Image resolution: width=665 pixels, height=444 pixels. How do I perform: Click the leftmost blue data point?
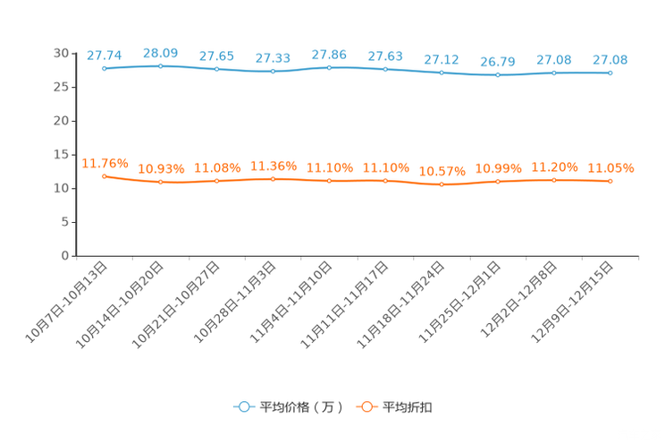coord(105,68)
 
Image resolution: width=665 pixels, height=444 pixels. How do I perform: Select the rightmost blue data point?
coord(610,73)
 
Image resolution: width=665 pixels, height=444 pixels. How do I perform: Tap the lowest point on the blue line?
coord(498,75)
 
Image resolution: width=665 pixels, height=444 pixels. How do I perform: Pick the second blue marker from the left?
coord(161,65)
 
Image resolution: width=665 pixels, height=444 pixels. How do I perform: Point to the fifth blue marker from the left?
coord(330,67)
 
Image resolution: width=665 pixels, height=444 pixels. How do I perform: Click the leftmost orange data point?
coord(105,176)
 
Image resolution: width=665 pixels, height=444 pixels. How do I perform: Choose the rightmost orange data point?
coord(610,181)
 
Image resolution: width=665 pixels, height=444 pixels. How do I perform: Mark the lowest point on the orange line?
coord(442,184)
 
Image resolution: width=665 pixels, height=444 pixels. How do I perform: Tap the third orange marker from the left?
coord(217,181)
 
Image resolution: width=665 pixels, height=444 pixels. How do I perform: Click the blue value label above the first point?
coord(104,55)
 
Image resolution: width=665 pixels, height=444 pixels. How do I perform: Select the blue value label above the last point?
coord(610,60)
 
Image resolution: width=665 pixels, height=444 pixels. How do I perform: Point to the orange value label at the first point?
coord(105,162)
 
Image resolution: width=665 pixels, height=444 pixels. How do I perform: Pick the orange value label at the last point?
coord(611,168)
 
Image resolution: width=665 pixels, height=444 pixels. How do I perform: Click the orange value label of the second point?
coord(161,168)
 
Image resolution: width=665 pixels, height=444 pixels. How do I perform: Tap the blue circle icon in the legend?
coord(243,406)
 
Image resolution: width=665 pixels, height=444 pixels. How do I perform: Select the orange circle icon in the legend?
coord(366,406)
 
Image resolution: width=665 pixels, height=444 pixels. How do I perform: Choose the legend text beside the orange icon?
coord(408,407)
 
